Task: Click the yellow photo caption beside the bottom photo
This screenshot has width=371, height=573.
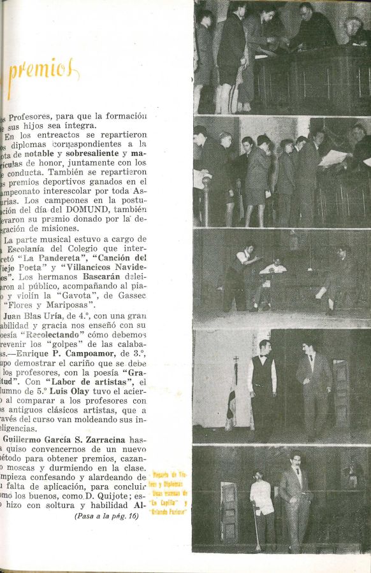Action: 168,493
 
